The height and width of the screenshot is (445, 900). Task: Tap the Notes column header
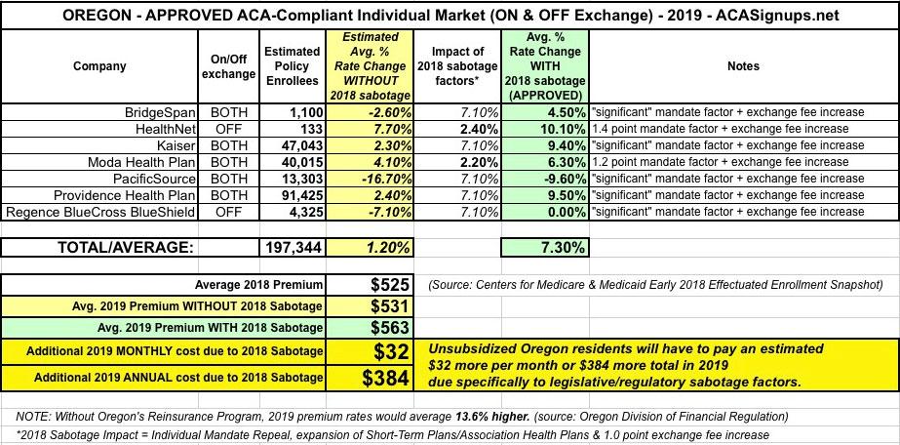pos(744,66)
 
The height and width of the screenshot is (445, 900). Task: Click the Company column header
pos(98,66)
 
